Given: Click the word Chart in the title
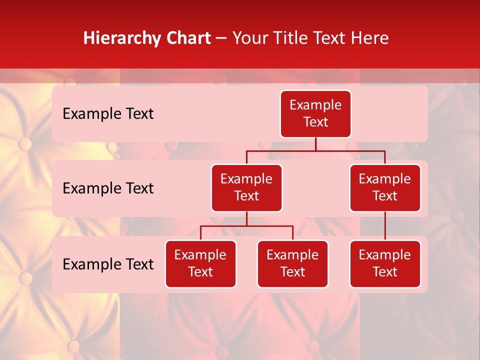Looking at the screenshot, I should [188, 38].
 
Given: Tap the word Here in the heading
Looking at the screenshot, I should [370, 38].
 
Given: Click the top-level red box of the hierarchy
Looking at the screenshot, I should [315, 114].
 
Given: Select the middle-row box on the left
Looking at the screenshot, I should [246, 188].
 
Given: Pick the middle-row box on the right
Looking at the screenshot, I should [385, 188].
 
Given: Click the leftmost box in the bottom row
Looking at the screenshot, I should [200, 264].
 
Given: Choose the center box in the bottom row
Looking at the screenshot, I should [292, 264].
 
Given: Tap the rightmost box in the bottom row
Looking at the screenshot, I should [385, 264].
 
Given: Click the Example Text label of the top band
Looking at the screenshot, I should [108, 114].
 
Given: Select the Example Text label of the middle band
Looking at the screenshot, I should [108, 188].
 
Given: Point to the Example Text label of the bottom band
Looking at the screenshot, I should [108, 264].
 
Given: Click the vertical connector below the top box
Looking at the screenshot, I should [315, 144].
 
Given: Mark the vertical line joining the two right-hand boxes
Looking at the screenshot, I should [385, 226].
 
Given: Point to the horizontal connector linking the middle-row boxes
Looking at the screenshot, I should [315, 150].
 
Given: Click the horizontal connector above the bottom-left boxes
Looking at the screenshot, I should [246, 226].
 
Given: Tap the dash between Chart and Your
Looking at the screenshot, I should [221, 38].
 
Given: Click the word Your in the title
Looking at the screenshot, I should [248, 38].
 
